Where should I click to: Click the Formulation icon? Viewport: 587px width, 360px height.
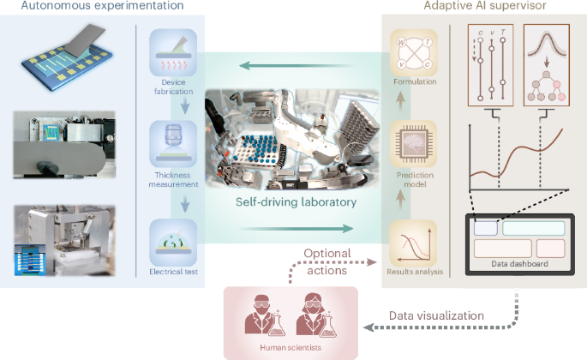(414, 55)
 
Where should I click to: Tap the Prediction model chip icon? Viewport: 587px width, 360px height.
(414, 140)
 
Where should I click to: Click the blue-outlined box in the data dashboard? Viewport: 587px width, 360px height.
(484, 228)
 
